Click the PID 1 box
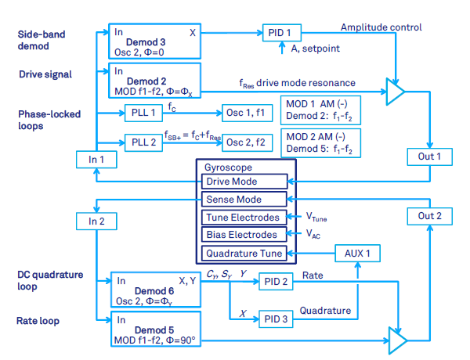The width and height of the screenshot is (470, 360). pyautogui.click(x=280, y=34)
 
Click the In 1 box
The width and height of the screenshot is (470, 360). pyautogui.click(x=96, y=160)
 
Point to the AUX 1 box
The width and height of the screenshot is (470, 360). pyautogui.click(x=356, y=253)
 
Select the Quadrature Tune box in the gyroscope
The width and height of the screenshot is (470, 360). pyautogui.click(x=245, y=253)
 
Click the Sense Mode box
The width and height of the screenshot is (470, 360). pyautogui.click(x=245, y=200)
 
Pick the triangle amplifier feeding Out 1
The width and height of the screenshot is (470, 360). pyautogui.click(x=396, y=92)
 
